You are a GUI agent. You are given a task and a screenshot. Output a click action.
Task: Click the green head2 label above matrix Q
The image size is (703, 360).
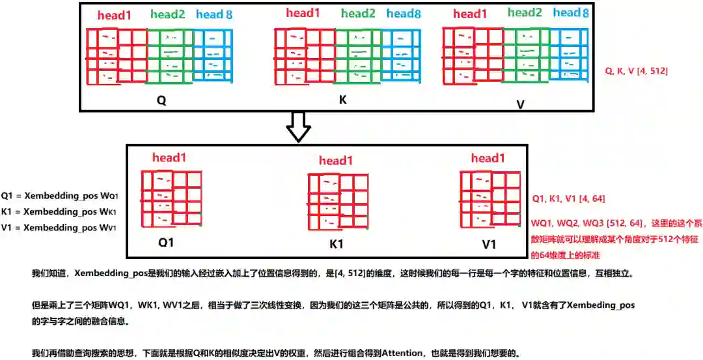click(168, 14)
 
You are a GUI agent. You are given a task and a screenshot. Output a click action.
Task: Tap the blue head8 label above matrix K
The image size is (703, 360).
click(403, 14)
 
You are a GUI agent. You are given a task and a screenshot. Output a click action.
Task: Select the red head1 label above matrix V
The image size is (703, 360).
click(470, 14)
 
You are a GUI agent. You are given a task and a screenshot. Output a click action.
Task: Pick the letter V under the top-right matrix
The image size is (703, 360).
click(521, 104)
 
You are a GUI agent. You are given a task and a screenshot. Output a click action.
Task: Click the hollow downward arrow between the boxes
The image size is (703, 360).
click(299, 126)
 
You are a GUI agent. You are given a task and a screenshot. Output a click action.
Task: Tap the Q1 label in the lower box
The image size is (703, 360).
click(168, 243)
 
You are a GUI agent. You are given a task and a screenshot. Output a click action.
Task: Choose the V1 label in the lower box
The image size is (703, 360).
click(488, 244)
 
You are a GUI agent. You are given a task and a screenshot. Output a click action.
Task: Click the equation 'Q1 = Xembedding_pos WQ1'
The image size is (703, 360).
click(60, 196)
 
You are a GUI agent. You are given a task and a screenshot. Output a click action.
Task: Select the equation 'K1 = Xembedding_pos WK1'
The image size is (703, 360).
click(60, 212)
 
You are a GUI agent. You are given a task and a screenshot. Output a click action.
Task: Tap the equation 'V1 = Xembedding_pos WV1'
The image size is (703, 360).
click(60, 228)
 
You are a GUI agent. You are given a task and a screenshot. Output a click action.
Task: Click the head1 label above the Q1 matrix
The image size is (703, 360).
click(170, 158)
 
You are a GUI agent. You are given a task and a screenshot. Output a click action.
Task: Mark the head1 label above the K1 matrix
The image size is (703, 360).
click(336, 161)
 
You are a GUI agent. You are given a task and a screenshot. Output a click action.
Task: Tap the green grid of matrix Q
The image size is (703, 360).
click(169, 56)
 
